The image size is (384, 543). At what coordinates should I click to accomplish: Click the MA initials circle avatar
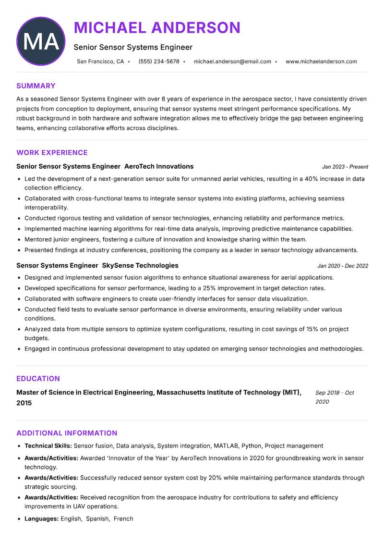[41, 41]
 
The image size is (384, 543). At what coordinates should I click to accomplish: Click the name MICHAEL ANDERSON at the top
[157, 27]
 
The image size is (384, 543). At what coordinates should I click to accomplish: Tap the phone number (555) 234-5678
[158, 62]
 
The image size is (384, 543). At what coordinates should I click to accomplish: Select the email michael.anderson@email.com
[232, 62]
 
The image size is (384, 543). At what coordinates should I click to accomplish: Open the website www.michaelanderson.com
[321, 62]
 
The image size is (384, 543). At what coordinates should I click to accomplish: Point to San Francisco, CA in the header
[100, 62]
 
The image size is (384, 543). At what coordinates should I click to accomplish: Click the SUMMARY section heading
[36, 86]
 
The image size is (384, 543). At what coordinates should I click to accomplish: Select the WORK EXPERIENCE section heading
[52, 153]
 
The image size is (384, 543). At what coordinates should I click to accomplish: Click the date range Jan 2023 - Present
[345, 167]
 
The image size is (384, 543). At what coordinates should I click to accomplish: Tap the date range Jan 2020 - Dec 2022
[343, 266]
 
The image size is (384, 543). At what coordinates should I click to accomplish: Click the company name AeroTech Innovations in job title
[159, 166]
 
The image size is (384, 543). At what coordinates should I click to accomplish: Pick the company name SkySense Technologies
[140, 265]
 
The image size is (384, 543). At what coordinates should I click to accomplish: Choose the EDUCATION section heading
[38, 379]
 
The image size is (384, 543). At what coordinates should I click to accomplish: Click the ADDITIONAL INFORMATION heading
[67, 433]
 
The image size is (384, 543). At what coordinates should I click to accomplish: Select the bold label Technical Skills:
[48, 446]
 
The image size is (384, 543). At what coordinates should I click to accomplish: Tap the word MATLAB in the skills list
[226, 446]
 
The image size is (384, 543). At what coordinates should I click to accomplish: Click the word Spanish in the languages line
[97, 519]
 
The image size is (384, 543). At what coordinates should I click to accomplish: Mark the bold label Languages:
[42, 519]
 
